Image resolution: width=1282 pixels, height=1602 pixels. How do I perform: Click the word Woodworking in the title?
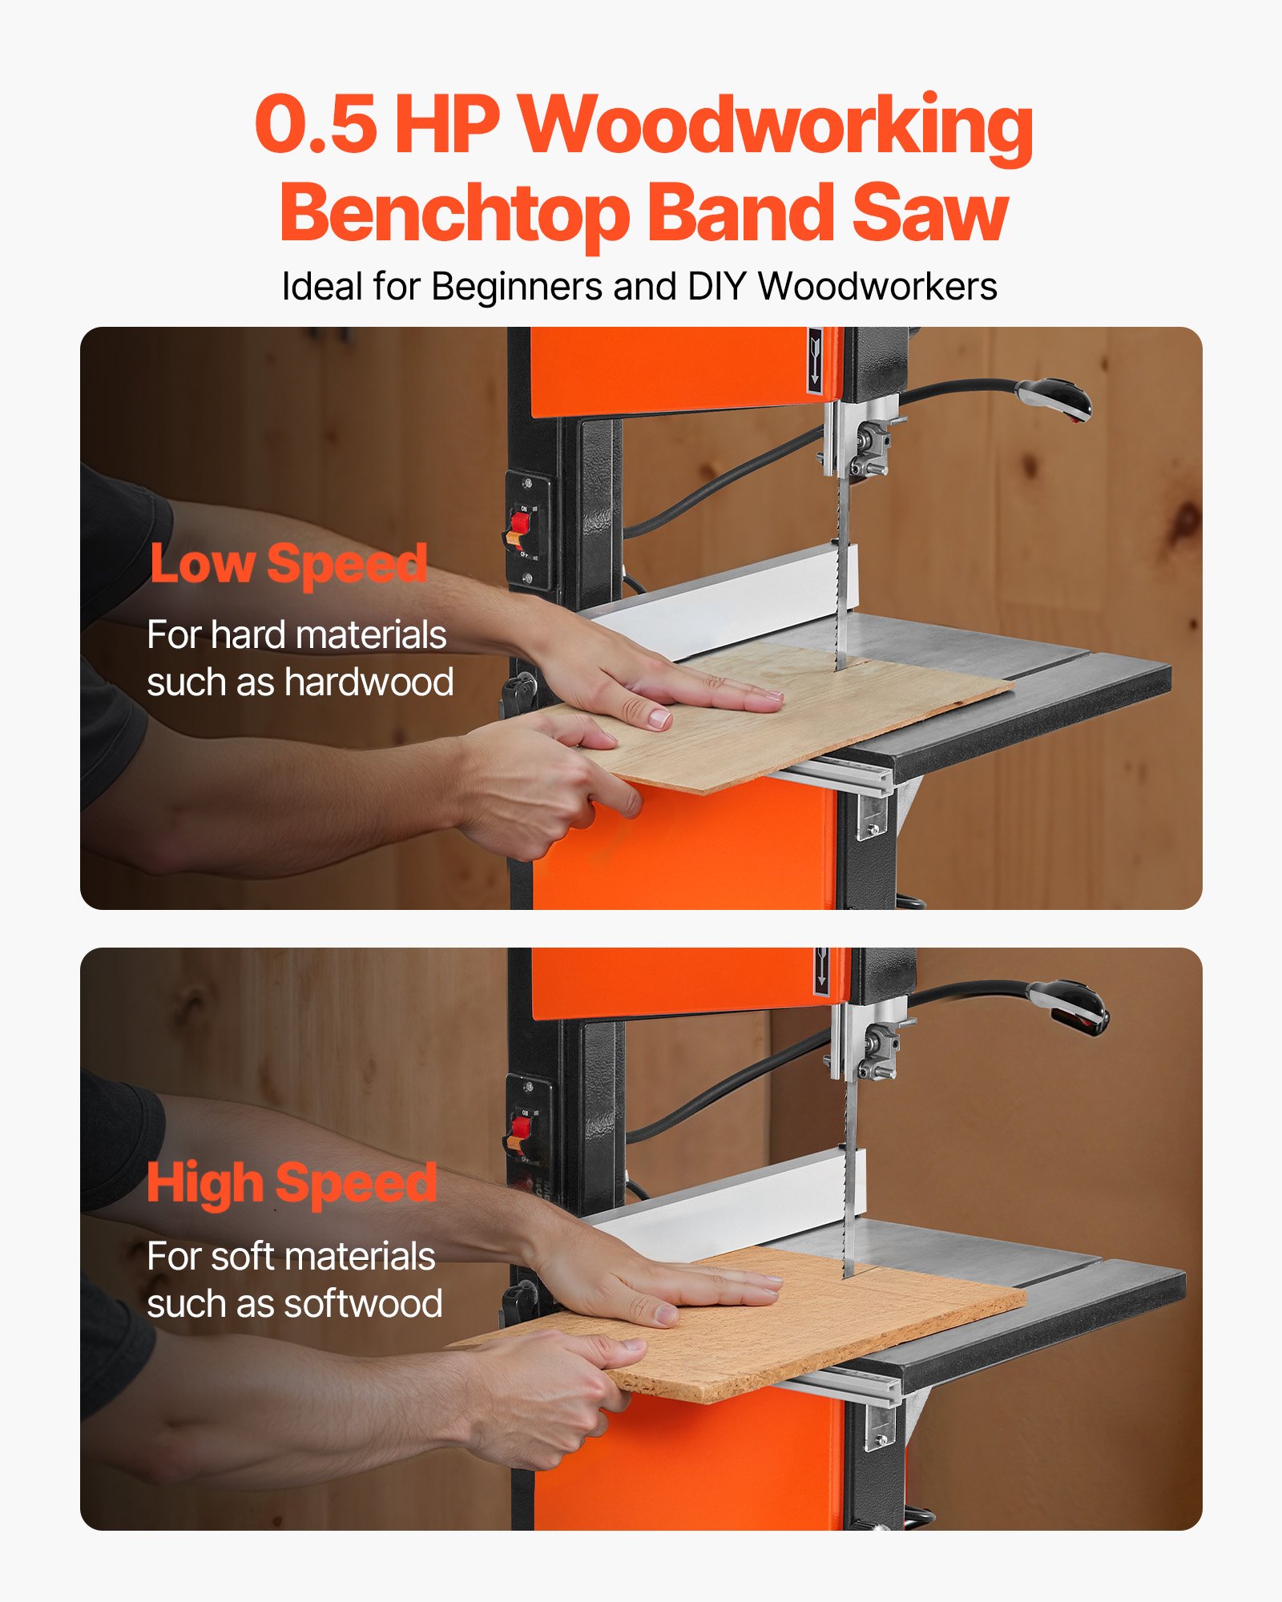point(776,127)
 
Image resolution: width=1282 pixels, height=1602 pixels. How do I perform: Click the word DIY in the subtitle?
point(718,287)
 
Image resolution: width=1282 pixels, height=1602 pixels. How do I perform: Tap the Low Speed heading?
point(288,565)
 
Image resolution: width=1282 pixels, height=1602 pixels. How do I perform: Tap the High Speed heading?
point(292,1184)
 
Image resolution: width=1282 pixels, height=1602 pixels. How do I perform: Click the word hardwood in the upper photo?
point(369,682)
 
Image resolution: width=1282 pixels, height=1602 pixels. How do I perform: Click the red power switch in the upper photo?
point(519,524)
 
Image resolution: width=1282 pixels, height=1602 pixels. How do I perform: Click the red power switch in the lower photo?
point(519,1128)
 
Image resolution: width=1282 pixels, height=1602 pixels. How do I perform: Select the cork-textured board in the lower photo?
point(801,1330)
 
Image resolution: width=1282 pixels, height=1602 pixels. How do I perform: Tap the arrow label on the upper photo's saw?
point(815,360)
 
